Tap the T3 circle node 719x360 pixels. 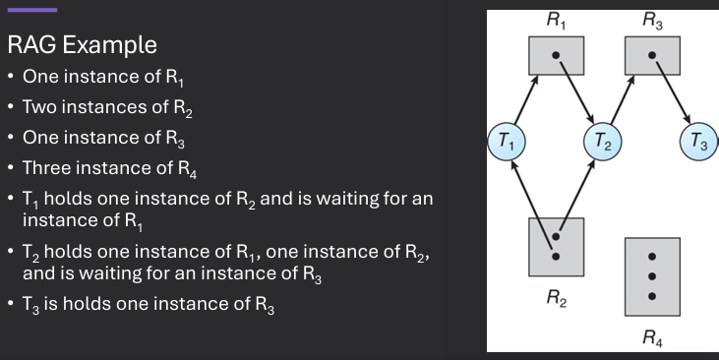(x=698, y=143)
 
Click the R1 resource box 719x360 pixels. (x=556, y=55)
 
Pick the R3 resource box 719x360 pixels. (x=652, y=55)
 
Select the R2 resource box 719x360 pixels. (x=556, y=246)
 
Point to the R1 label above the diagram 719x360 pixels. (x=556, y=19)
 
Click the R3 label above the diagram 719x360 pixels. (x=652, y=19)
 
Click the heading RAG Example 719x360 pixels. (x=82, y=45)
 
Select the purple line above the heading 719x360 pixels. (x=31, y=10)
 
